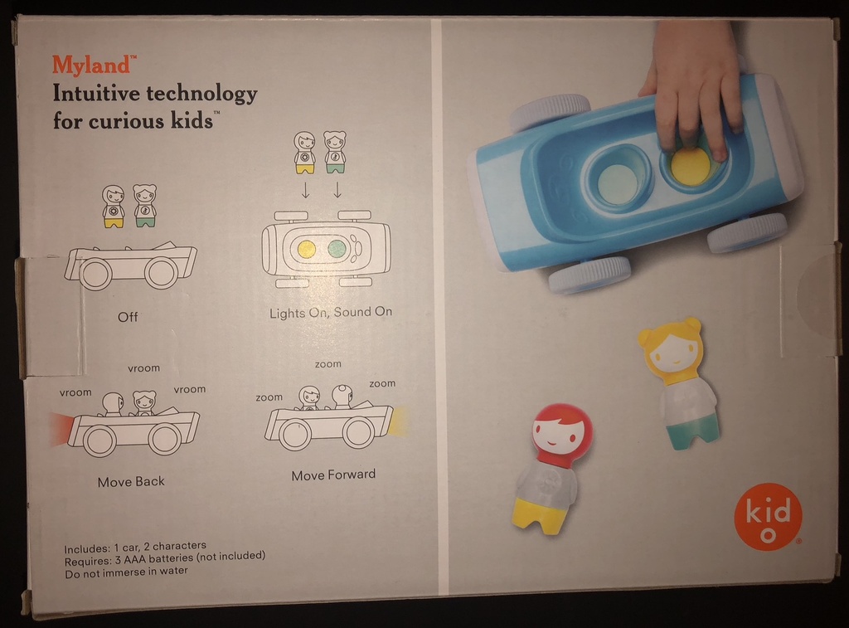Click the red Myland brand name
click(x=91, y=65)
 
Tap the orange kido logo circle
click(x=767, y=517)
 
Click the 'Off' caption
click(x=128, y=317)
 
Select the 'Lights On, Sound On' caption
click(x=331, y=313)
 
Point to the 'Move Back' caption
click(x=131, y=482)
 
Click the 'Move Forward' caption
click(x=333, y=475)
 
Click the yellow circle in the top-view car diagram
click(x=307, y=250)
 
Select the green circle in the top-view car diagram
click(x=337, y=249)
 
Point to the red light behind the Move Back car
click(x=60, y=429)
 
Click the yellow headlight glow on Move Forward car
click(x=400, y=421)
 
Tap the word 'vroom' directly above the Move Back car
click(x=143, y=368)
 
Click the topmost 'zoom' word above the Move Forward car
click(x=328, y=364)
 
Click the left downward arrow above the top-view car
click(x=305, y=190)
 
